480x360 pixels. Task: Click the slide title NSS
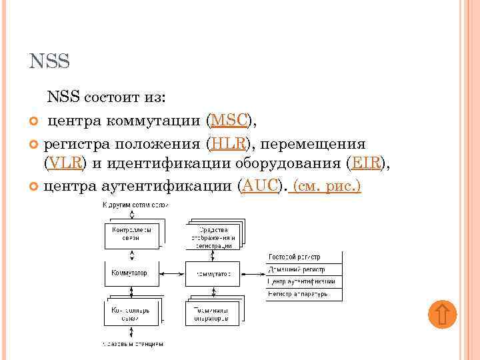point(50,63)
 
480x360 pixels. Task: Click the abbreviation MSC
point(229,121)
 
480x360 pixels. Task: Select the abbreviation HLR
point(228,143)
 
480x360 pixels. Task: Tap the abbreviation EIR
point(366,163)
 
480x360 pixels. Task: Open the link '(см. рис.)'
point(327,186)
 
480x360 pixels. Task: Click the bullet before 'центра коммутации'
point(35,121)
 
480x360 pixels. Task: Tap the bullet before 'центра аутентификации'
point(35,187)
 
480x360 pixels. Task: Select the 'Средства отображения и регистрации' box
point(211,235)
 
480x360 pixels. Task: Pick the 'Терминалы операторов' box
point(211,312)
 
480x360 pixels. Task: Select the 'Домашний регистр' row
point(304,269)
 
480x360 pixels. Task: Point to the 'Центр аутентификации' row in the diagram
point(304,281)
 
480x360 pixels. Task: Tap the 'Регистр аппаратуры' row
point(304,293)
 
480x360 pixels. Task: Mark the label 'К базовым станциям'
point(133,344)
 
